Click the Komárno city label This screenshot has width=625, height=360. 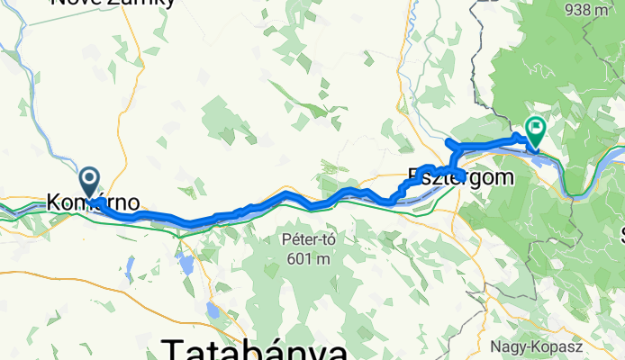[x=94, y=203]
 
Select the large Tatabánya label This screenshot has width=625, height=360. [x=254, y=349]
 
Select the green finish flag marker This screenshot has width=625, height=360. [x=536, y=131]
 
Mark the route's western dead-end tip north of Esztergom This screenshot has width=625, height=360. [x=448, y=142]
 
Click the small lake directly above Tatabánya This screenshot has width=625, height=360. [x=215, y=311]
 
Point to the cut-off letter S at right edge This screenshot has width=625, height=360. [x=620, y=236]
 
